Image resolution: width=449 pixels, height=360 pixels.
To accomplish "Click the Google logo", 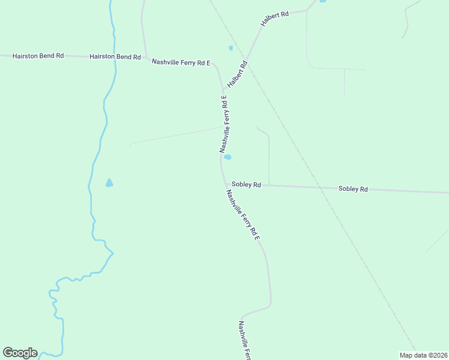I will [x=20, y=353].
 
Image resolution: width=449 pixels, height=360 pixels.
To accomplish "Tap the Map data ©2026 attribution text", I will [x=423, y=355].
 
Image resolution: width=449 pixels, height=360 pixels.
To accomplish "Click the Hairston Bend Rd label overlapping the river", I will [x=115, y=57].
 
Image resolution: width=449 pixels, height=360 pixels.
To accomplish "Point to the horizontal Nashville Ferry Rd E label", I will [x=181, y=62].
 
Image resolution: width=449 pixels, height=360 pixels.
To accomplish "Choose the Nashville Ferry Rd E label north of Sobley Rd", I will [x=224, y=124].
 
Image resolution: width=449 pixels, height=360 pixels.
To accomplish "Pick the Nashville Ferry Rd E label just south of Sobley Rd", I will [x=243, y=215].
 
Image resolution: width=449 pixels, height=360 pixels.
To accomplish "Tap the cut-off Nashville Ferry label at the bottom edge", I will [x=244, y=340].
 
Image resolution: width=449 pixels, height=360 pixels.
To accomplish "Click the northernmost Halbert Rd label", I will [x=274, y=17].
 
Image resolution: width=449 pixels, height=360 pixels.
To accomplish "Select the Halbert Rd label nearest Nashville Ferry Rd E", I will [x=238, y=74].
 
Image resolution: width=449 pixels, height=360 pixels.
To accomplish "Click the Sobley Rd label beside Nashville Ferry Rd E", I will [x=246, y=185].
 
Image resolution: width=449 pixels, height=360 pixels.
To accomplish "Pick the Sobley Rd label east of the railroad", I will [x=353, y=188].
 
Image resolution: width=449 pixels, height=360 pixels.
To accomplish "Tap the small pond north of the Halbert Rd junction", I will [x=231, y=48].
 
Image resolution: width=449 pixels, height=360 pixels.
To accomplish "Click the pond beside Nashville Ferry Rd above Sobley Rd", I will [x=228, y=157].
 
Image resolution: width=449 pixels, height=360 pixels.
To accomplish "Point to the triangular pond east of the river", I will [x=109, y=183].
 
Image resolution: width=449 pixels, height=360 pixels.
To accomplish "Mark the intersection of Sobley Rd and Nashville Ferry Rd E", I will [x=225, y=184].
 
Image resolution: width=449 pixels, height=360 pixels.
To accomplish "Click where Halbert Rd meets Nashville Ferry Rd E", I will [x=223, y=89].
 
